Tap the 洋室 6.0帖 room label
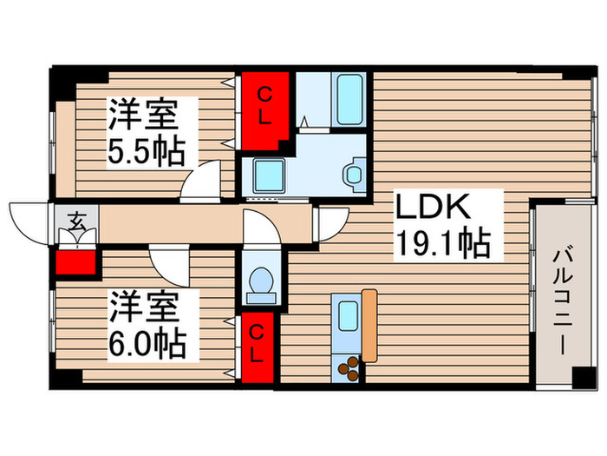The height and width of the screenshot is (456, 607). [x=146, y=325]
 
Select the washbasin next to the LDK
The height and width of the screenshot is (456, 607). [x=356, y=174]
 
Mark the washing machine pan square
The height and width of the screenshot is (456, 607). [x=268, y=175]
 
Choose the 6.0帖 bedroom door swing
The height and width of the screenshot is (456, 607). [x=168, y=261]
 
